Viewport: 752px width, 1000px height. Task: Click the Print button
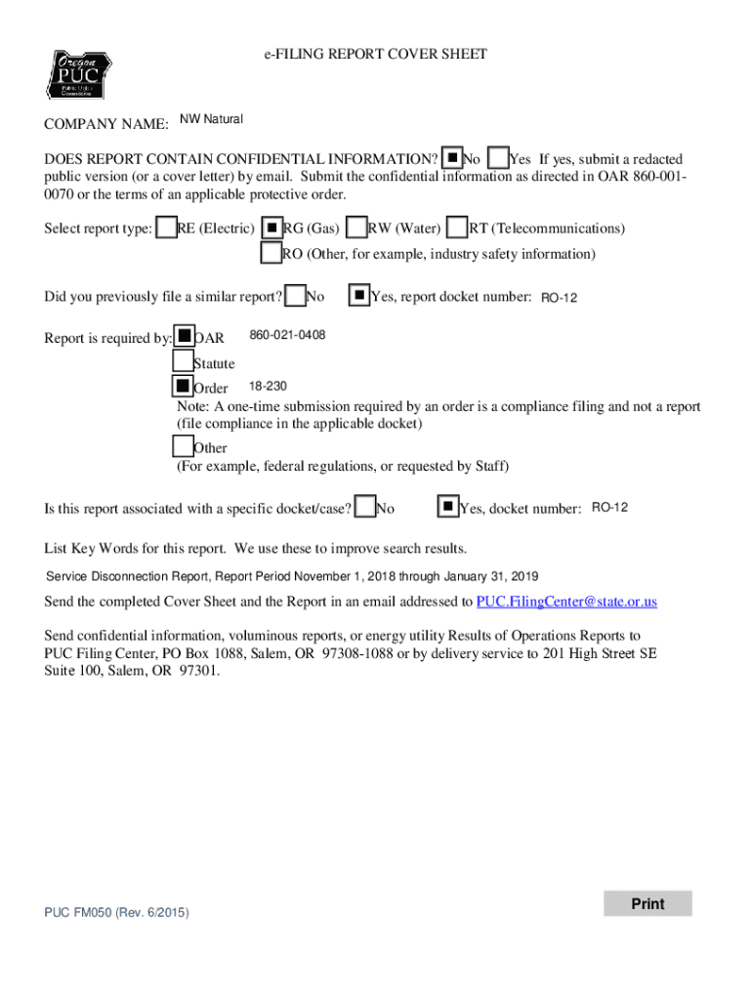(x=648, y=903)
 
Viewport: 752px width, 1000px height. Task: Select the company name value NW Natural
(x=211, y=120)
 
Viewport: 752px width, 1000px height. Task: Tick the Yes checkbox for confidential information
(x=497, y=158)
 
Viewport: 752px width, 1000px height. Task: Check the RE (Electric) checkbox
(x=167, y=228)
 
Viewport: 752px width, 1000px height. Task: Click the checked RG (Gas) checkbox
(x=272, y=228)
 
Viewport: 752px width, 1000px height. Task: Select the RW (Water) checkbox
(x=356, y=228)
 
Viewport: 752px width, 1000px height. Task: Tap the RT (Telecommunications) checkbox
(x=456, y=228)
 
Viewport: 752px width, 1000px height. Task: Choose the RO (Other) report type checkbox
(x=272, y=253)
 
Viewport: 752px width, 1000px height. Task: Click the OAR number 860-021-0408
(x=287, y=336)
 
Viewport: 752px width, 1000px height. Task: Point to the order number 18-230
(x=268, y=386)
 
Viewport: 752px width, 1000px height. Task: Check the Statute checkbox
(x=183, y=361)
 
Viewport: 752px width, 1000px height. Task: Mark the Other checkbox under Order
(x=183, y=446)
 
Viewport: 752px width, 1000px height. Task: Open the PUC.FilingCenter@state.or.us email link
(x=566, y=602)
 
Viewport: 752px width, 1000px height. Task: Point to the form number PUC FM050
(x=116, y=912)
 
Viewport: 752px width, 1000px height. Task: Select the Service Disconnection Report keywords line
(x=293, y=576)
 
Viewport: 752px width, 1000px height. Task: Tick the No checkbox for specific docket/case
(x=365, y=507)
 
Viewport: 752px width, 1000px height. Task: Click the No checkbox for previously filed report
(x=295, y=295)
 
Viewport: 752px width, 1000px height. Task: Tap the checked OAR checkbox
(x=184, y=337)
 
